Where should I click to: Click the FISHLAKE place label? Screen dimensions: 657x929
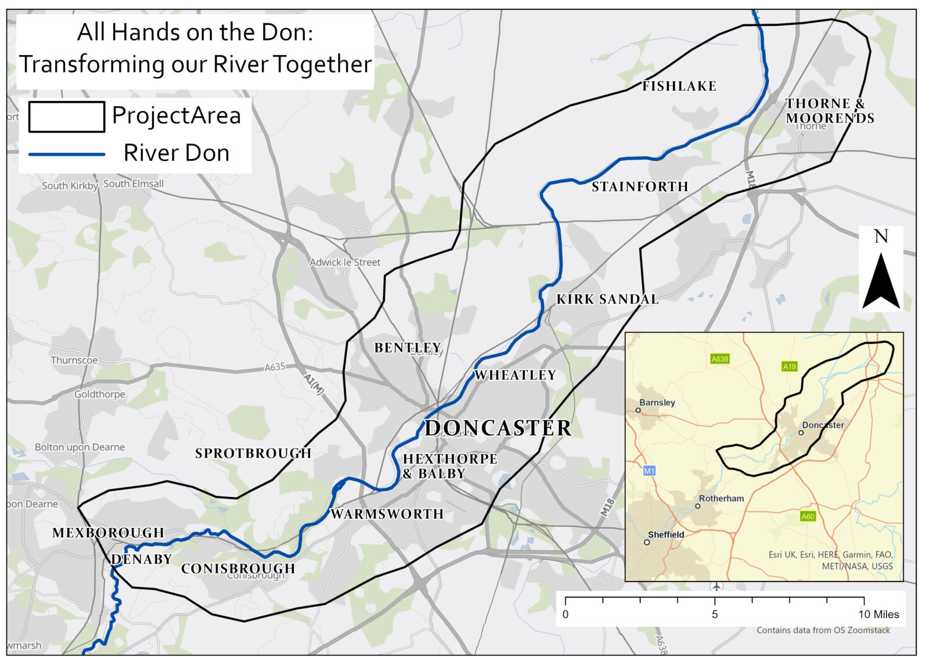(x=679, y=86)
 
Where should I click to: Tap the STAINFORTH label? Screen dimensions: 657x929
(x=640, y=186)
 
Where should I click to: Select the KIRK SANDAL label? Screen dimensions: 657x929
(x=607, y=299)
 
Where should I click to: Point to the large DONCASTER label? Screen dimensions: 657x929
(x=498, y=428)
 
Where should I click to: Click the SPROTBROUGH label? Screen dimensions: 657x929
(x=253, y=453)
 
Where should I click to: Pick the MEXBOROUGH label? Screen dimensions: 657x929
(x=109, y=533)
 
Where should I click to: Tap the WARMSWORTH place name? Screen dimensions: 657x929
(x=387, y=514)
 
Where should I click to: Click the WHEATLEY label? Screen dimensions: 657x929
(x=516, y=375)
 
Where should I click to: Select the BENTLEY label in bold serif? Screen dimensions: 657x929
(x=407, y=347)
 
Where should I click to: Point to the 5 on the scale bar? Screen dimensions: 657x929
(x=715, y=615)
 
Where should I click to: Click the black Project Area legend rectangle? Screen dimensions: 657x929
(x=66, y=116)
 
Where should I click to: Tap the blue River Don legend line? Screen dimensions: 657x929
(x=66, y=154)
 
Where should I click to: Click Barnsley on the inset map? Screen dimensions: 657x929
(x=657, y=403)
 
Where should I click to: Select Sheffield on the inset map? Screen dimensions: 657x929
(x=666, y=534)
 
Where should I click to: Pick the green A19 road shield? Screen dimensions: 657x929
(x=789, y=367)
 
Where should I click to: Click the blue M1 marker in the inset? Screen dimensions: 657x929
(x=649, y=471)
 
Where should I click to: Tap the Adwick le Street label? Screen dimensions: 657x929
(x=345, y=262)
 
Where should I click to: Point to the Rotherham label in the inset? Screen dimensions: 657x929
(x=721, y=498)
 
